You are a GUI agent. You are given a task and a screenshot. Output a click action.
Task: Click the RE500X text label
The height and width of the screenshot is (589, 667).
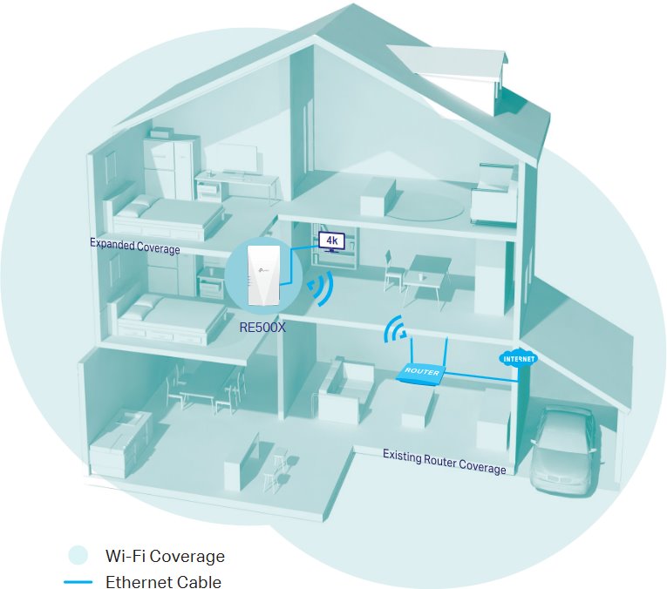(263, 328)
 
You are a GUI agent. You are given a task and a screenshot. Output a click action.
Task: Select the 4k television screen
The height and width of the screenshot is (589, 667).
(331, 240)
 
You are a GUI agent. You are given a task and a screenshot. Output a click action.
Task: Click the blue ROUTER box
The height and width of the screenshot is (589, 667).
(420, 372)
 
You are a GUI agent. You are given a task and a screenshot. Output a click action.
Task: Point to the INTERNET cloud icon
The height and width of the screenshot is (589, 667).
(517, 358)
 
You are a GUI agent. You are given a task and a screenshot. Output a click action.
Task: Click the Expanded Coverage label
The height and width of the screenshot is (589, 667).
(134, 246)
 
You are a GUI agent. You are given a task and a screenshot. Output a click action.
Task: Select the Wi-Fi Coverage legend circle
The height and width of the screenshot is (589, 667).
(78, 555)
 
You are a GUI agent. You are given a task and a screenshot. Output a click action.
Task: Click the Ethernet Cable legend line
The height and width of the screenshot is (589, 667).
(78, 582)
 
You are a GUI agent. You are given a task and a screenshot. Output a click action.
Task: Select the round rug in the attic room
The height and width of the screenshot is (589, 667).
(423, 206)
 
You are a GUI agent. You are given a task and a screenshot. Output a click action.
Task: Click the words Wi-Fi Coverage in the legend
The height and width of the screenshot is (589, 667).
(165, 555)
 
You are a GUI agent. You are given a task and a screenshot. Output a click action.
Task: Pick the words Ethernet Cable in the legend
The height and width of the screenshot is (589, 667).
(163, 582)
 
